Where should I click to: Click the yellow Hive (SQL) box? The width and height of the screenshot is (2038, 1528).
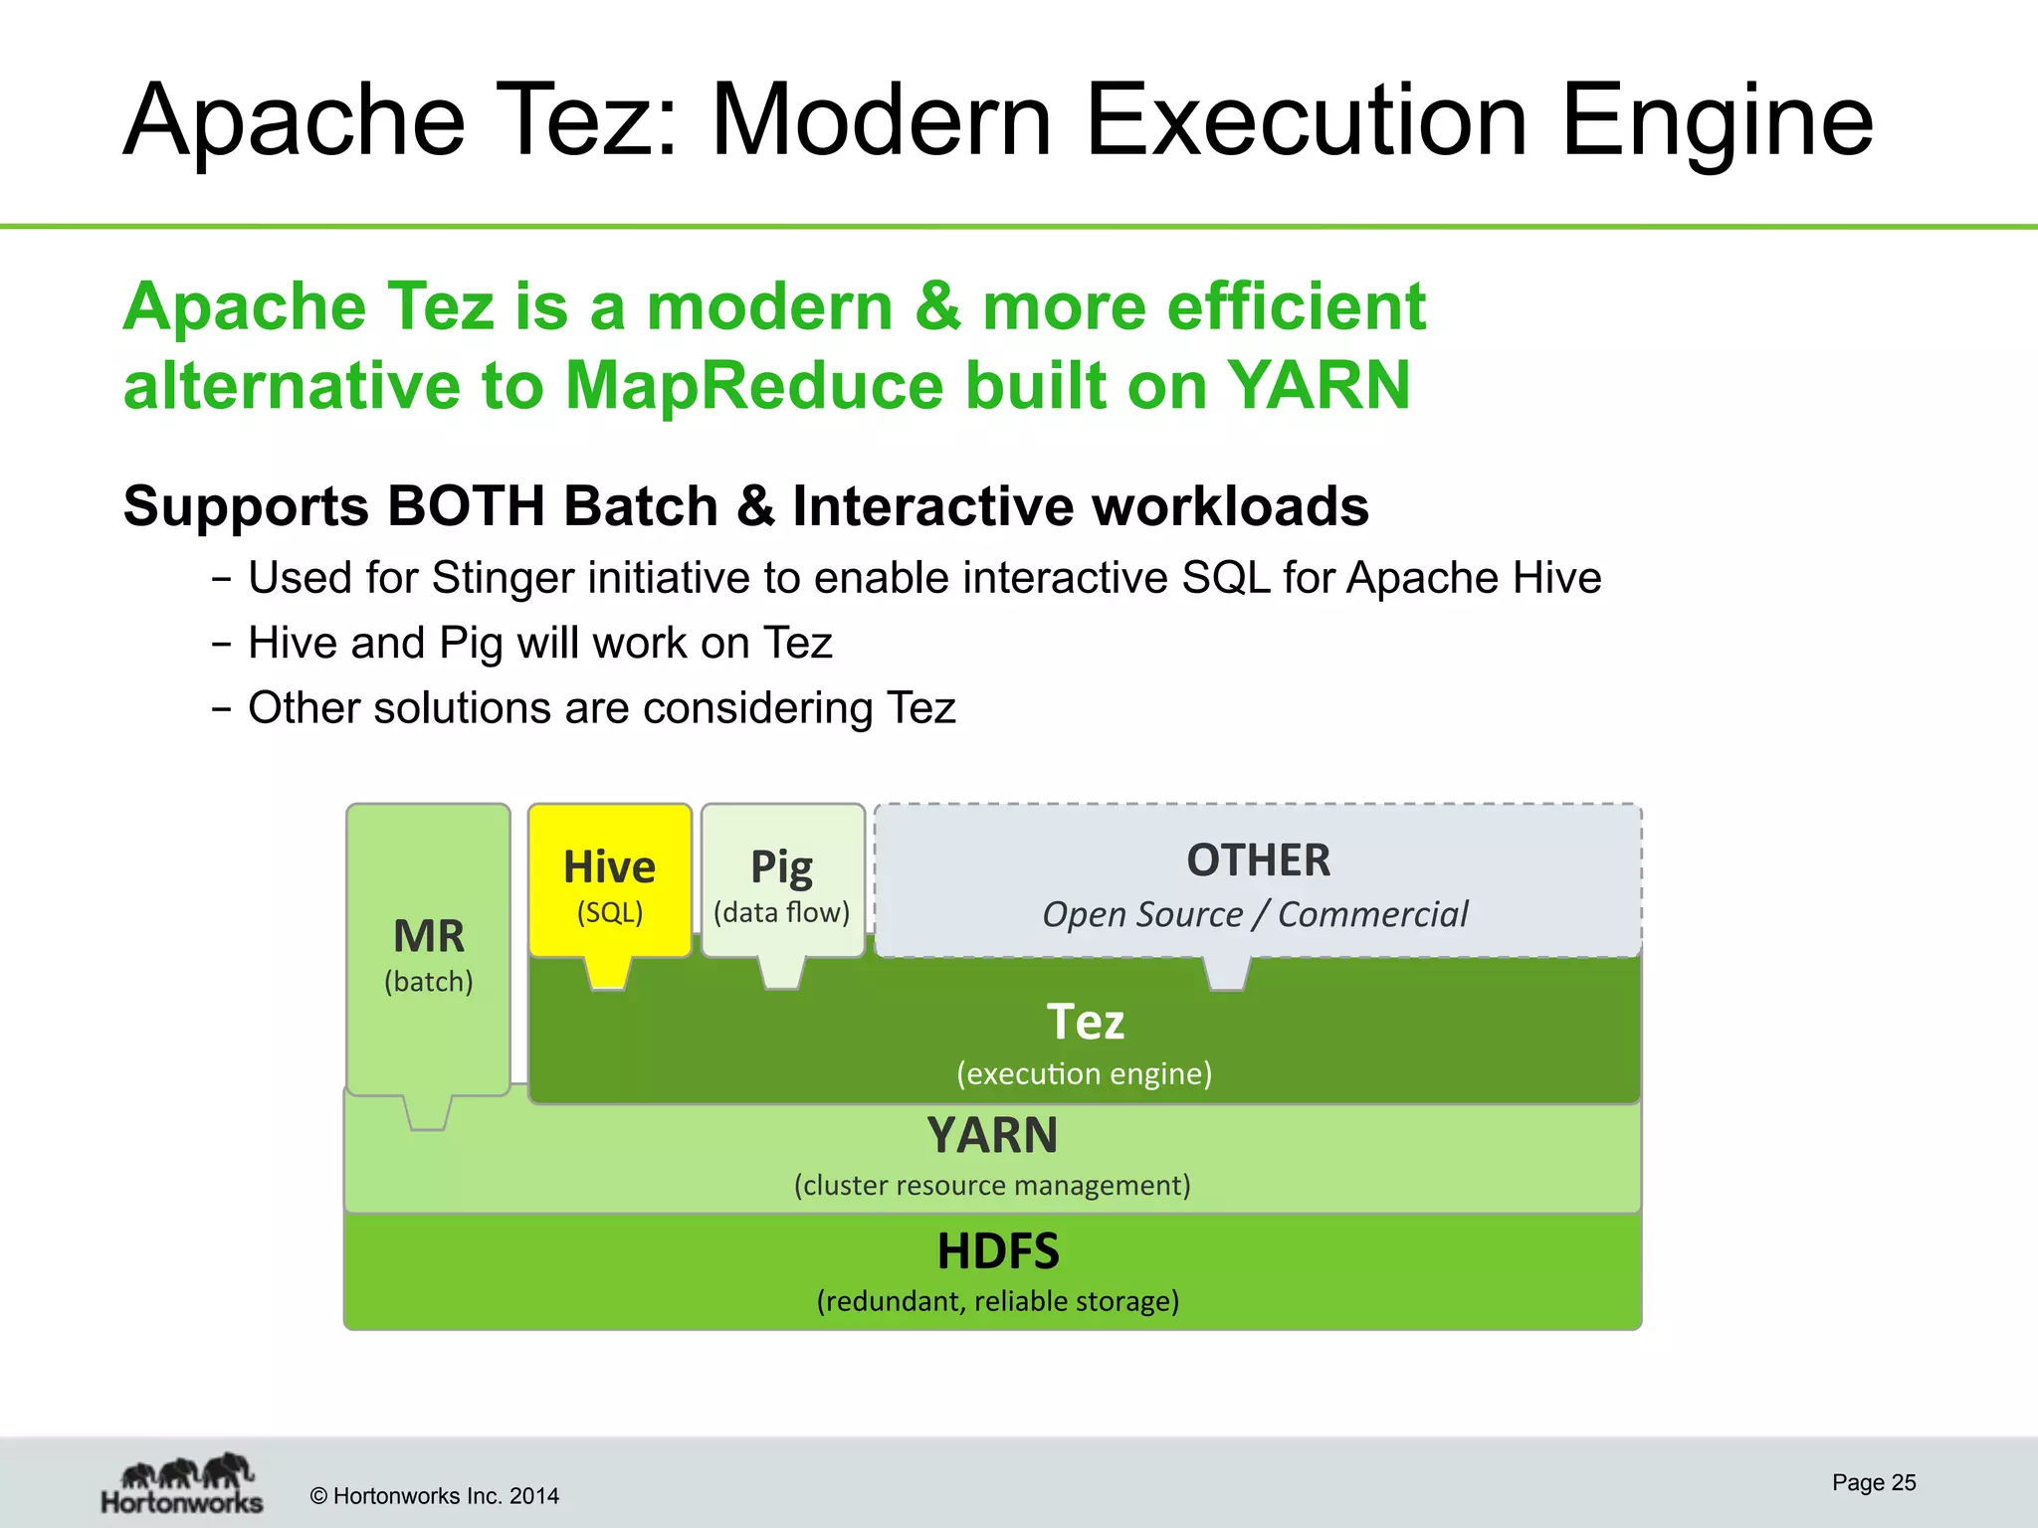tap(609, 881)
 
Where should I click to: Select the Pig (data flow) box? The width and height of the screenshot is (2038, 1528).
tap(782, 881)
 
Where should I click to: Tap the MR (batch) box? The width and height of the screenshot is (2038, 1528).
tap(428, 950)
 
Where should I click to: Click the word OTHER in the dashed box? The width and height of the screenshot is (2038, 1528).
tap(1258, 860)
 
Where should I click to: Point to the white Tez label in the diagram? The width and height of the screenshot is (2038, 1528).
tap(1085, 1022)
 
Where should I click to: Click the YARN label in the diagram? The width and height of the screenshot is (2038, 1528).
tap(992, 1135)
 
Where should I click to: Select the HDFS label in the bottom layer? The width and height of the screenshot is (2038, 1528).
tap(998, 1251)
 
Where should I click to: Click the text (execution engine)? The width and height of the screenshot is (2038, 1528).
tap(1085, 1074)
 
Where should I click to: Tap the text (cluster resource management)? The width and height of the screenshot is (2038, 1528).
tap(992, 1186)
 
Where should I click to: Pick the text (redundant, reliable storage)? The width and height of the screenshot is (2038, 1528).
tap(998, 1301)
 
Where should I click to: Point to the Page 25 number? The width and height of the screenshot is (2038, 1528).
tap(1874, 1482)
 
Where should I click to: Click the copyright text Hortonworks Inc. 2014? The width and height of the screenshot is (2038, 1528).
tap(435, 1496)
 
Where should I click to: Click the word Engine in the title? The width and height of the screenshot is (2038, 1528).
tap(1717, 121)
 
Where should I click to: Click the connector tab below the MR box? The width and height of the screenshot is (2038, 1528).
tap(428, 1114)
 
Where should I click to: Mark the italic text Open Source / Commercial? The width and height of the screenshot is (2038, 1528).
tap(1254, 914)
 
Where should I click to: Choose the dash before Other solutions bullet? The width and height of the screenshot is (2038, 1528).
tap(222, 709)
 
